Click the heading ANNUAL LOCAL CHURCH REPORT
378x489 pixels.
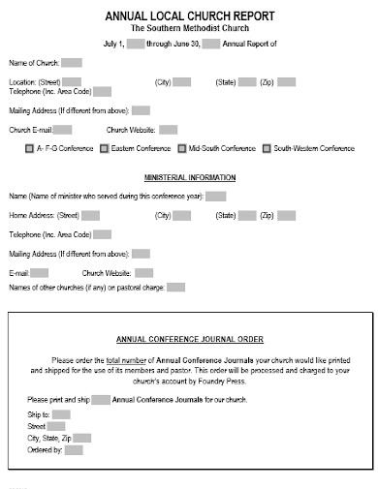click(x=189, y=15)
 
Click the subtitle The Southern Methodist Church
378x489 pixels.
click(x=189, y=28)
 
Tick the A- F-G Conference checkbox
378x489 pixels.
click(x=28, y=150)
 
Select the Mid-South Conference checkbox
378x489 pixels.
click(x=181, y=150)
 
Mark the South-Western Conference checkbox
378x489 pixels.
click(x=267, y=150)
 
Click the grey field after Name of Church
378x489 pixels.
click(x=72, y=63)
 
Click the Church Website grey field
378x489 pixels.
click(x=168, y=130)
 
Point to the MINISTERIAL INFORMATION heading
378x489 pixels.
click(x=189, y=179)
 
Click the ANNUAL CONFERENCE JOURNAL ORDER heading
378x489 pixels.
click(x=189, y=340)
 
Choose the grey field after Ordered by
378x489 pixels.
click(x=74, y=450)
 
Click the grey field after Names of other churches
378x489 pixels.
click(x=175, y=288)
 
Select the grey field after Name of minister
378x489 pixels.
click(x=216, y=197)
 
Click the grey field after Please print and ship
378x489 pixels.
click(x=101, y=399)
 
